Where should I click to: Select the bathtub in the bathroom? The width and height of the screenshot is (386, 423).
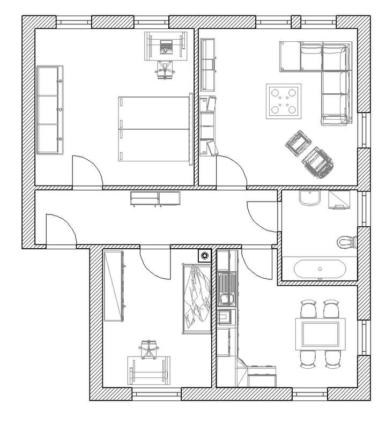(x=318, y=268)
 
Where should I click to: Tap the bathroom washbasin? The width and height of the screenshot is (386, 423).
(x=310, y=199)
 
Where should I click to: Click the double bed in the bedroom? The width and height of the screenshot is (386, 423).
(x=154, y=128)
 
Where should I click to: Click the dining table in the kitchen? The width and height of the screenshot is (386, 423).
(x=321, y=333)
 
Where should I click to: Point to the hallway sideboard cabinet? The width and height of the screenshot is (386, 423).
(x=155, y=198)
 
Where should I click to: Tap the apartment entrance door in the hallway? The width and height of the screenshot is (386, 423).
(x=60, y=229)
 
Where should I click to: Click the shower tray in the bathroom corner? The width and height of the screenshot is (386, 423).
(x=339, y=199)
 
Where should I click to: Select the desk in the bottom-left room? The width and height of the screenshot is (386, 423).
(x=149, y=370)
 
